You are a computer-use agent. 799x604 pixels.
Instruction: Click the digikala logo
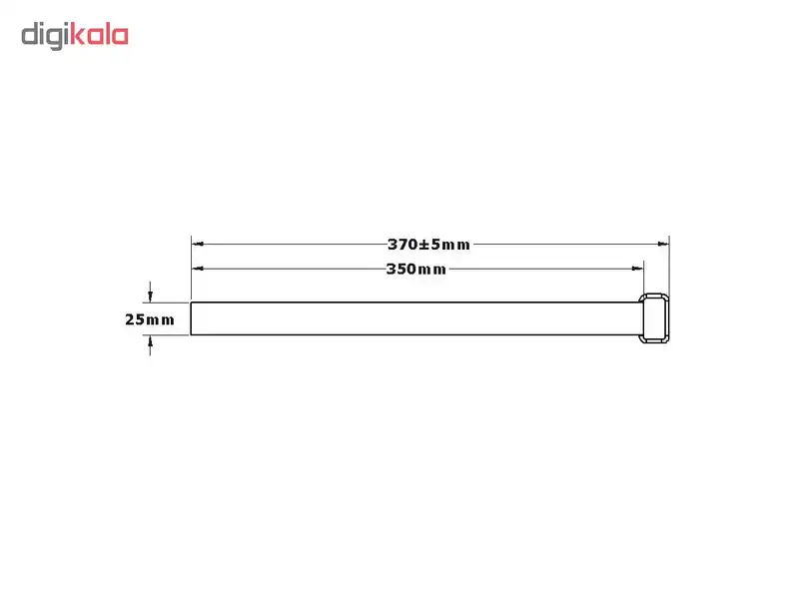pos(75,37)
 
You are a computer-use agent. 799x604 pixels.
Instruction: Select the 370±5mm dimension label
pos(429,244)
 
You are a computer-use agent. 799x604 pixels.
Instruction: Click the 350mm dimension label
pos(416,269)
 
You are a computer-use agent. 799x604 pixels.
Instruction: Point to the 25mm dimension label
pos(150,319)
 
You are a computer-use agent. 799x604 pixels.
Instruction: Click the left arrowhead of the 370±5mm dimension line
pos(198,244)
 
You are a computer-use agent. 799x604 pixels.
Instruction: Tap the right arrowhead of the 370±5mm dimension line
pos(662,244)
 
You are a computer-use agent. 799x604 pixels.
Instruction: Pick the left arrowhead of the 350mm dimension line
pos(198,269)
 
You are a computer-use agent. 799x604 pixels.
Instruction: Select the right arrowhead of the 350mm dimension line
pos(636,269)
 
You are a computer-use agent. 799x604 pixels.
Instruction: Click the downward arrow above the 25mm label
pos(150,297)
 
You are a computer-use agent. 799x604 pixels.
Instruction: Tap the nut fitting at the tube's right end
pos(655,318)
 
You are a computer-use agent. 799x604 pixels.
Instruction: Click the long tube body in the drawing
pos(414,318)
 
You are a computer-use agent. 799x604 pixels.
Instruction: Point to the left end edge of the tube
pos(192,318)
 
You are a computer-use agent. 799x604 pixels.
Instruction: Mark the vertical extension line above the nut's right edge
pos(668,265)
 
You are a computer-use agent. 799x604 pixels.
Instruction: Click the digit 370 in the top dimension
pos(402,244)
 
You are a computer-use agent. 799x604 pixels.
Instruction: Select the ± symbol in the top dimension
pos(424,244)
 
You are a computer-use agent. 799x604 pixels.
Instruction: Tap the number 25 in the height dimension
pos(135,319)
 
